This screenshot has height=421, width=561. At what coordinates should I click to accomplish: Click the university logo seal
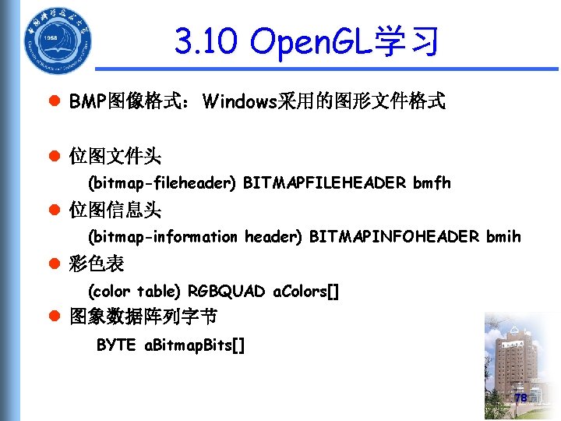coord(55,40)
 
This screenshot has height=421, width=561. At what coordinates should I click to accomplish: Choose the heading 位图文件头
coord(115,157)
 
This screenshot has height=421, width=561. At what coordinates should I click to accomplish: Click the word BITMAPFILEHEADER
coord(325,183)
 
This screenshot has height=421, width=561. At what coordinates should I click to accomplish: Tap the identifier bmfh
coord(432,183)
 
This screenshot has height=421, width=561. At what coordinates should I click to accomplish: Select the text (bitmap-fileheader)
coord(162,183)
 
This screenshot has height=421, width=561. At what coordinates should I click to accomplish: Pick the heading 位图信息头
coord(115,210)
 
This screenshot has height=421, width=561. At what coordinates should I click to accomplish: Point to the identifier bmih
coord(503,236)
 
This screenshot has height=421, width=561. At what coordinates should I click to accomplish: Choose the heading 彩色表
coord(97,264)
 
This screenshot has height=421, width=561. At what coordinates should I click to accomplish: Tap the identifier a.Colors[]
coord(306,292)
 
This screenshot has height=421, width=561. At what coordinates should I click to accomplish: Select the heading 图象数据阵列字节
coord(143,317)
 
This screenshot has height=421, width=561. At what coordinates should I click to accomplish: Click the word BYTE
coord(116,345)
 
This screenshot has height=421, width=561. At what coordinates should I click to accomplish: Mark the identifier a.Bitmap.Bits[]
coord(196,345)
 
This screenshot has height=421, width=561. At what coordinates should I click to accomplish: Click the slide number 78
coord(520,398)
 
